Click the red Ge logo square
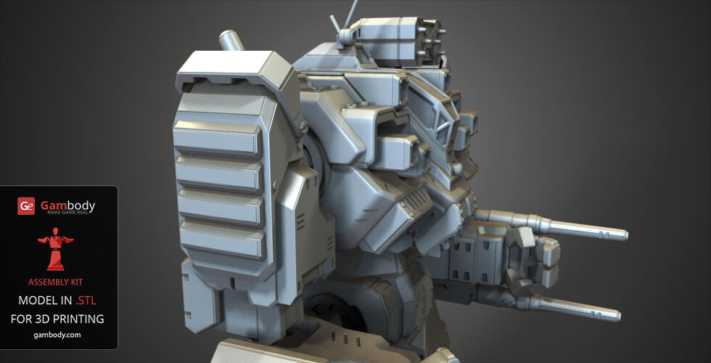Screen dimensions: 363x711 pyautogui.click(x=27, y=206)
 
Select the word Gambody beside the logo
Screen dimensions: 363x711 pyautogui.click(x=67, y=205)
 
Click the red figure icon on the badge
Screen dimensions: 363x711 pyautogui.click(x=56, y=249)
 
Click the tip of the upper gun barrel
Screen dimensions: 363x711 pyautogui.click(x=622, y=234)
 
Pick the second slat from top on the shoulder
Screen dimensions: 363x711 pyautogui.click(x=218, y=174)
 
